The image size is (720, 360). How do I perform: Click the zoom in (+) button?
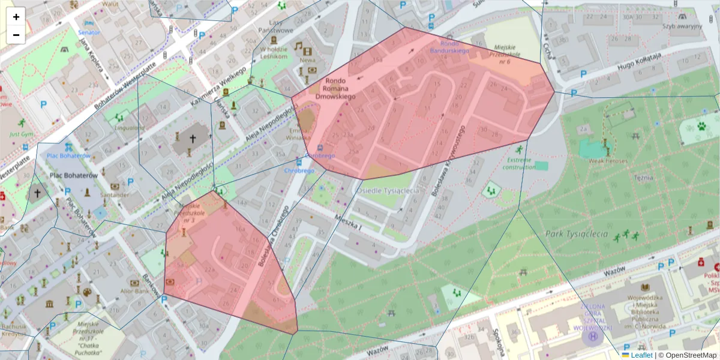[x=16, y=17]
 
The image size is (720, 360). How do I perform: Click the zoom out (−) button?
[x=16, y=35]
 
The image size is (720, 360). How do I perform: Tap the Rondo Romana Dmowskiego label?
[x=340, y=88]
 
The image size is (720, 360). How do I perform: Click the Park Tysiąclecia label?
[x=577, y=234]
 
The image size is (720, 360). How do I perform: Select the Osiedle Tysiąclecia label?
[x=388, y=190]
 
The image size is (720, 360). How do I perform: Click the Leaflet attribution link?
[x=641, y=355]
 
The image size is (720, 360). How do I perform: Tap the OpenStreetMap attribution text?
[x=687, y=355]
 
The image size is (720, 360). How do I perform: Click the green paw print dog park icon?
[x=701, y=127]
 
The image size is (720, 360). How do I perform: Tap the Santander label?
[x=115, y=194]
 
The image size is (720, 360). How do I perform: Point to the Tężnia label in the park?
[x=643, y=177]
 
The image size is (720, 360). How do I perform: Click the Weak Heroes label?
[x=608, y=161]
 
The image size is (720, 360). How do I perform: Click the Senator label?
[x=89, y=32]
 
